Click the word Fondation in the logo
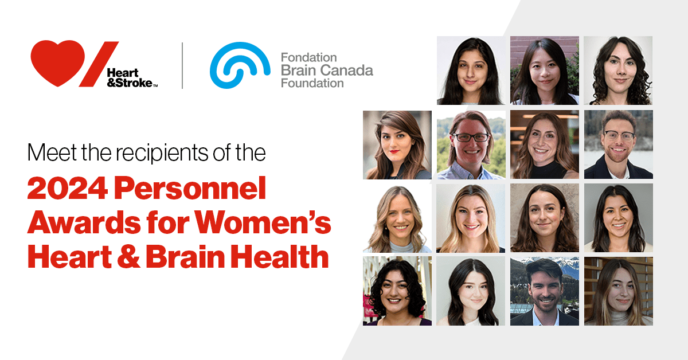coord(308,58)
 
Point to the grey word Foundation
coord(312,83)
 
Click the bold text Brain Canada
coord(327,71)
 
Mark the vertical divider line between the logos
coord(182,65)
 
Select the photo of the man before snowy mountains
coord(545,291)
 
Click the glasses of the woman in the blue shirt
coord(471,138)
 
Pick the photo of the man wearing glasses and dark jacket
coord(618,144)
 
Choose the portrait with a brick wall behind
coord(545,71)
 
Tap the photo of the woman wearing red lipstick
coord(397,144)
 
